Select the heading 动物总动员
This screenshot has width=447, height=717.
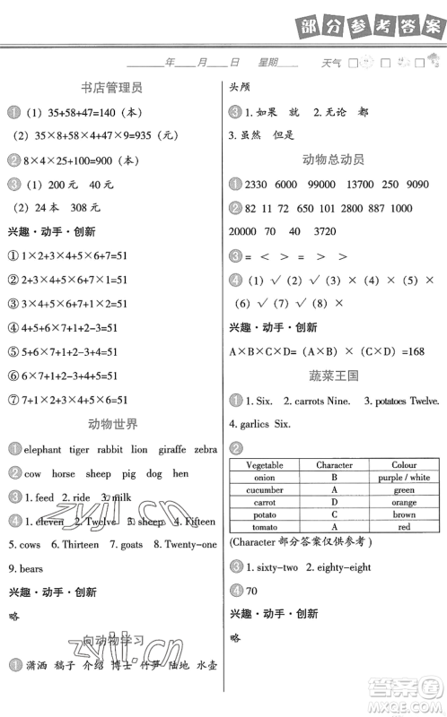[333, 160]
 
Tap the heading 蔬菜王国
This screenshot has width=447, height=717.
[333, 376]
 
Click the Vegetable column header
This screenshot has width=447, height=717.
[264, 465]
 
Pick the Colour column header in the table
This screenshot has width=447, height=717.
[404, 465]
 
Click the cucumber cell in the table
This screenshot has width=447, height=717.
[264, 490]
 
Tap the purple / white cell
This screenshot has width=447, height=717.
[404, 478]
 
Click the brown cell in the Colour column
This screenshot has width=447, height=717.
[404, 515]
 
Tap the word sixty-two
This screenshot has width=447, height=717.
[273, 566]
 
